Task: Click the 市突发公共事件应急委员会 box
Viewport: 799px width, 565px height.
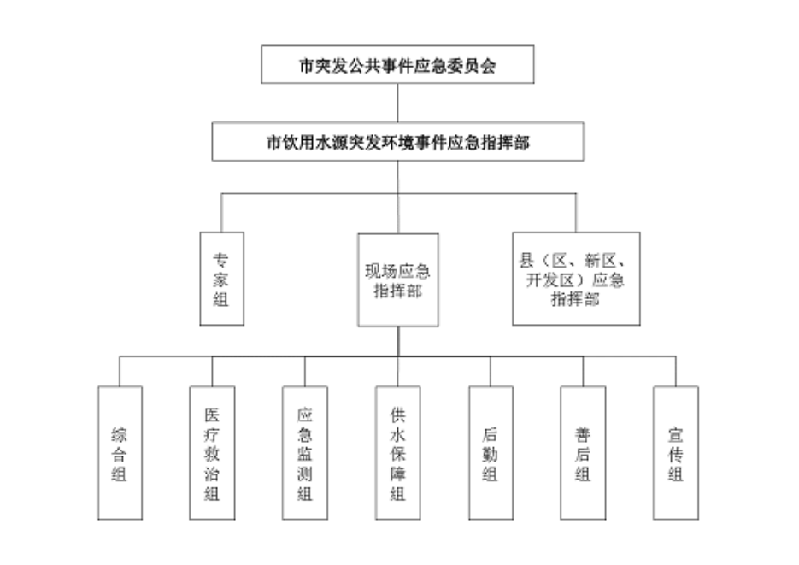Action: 397,65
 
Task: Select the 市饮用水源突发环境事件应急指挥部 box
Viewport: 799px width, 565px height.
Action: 397,141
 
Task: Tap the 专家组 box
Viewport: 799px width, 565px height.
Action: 221,279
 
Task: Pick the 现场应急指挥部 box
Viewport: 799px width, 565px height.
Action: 397,280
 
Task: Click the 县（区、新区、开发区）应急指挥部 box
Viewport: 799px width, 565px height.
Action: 576,279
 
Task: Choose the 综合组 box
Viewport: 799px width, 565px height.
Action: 120,453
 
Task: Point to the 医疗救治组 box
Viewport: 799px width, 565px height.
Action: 212,453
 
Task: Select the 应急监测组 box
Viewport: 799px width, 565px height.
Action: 304,453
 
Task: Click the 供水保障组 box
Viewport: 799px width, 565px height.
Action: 397,453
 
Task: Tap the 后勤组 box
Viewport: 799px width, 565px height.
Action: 491,453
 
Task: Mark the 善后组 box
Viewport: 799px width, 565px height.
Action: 583,453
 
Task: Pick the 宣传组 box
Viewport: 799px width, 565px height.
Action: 676,453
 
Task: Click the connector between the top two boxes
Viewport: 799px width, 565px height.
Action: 397,103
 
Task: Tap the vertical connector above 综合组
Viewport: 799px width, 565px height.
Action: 120,371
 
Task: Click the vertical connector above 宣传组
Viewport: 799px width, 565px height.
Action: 676,371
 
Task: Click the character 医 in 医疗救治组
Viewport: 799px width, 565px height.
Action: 212,415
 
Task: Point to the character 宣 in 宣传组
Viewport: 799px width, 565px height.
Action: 676,435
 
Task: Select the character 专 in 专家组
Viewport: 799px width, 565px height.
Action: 221,257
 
